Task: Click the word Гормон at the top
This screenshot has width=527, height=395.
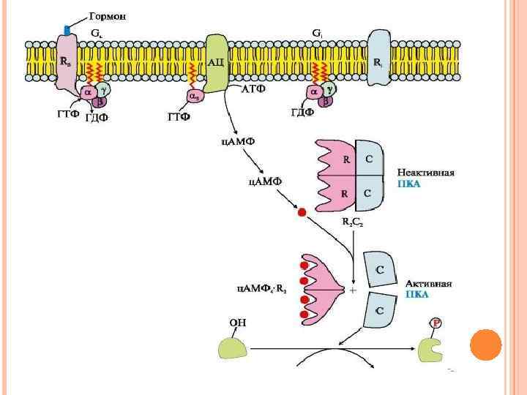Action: tap(107, 16)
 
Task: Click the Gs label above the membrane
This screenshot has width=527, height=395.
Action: tap(97, 34)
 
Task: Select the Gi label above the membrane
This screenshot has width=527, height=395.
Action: tap(317, 34)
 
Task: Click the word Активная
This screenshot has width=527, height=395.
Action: tap(428, 282)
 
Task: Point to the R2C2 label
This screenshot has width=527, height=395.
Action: tap(354, 220)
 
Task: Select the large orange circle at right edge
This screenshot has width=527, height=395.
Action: tap(485, 345)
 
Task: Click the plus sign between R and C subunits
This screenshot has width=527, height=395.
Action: tap(354, 290)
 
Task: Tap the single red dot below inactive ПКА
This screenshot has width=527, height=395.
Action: tap(302, 213)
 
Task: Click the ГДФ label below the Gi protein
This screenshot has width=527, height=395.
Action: tap(302, 112)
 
